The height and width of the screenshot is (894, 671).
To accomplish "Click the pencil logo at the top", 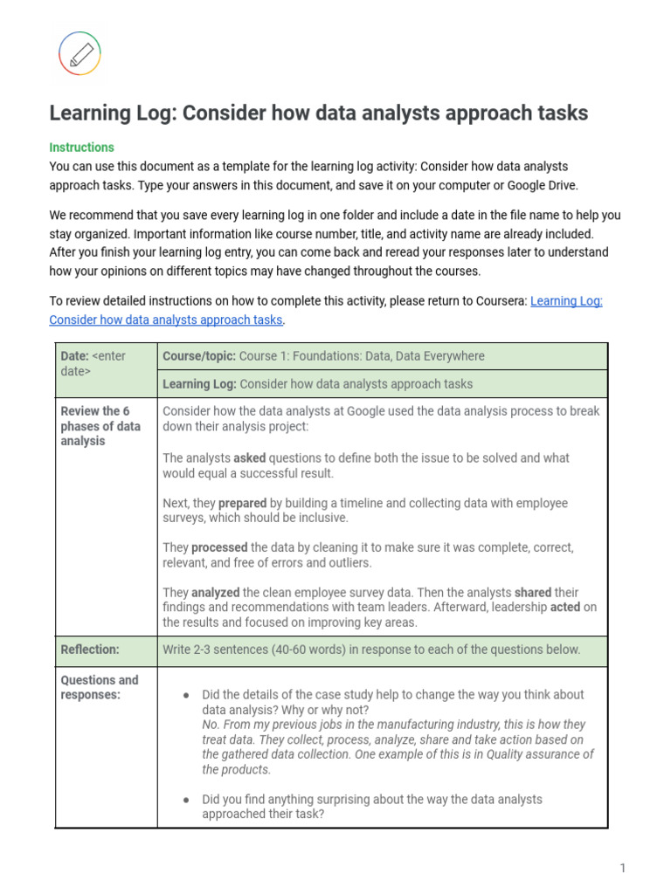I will (x=80, y=53).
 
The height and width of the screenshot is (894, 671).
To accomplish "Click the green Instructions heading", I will (x=81, y=148).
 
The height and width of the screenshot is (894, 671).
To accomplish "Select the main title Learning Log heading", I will (x=318, y=113).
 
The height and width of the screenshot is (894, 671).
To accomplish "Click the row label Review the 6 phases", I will (x=100, y=426).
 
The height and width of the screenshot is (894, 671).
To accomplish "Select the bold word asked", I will (x=249, y=457).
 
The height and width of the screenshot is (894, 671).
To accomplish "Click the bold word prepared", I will (x=242, y=503).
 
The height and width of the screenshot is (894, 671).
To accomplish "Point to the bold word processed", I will (x=218, y=547).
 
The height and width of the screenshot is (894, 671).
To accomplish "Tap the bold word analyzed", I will (x=215, y=592).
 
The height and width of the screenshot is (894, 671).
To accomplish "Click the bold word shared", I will (x=532, y=592).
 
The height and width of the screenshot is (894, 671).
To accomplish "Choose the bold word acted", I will (x=564, y=607).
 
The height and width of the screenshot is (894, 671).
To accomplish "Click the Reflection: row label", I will (x=90, y=650).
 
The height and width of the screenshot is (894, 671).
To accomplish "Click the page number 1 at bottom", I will (x=623, y=867).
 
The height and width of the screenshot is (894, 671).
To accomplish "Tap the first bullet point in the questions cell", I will (x=186, y=695).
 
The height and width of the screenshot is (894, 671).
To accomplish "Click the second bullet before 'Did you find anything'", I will (x=186, y=800).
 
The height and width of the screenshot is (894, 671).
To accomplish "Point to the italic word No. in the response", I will (x=210, y=725).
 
